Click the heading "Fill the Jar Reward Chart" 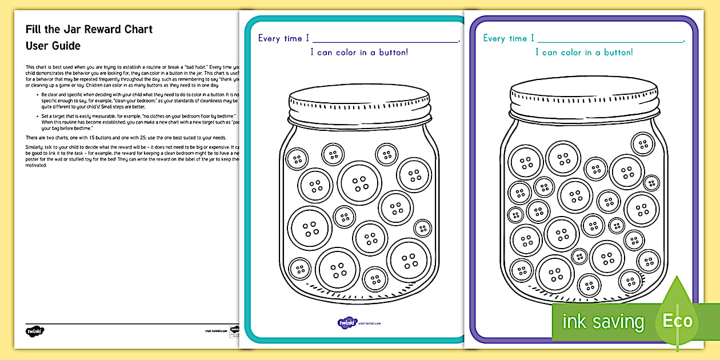pyautogui.click(x=89, y=29)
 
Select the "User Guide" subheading pyautogui.click(x=53, y=46)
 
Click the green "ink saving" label pyautogui.click(x=603, y=322)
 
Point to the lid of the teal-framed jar pyautogui.click(x=359, y=103)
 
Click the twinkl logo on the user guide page pyautogui.click(x=35, y=331)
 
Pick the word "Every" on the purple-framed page pyautogui.click(x=494, y=38)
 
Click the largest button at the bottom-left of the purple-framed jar pyautogui.click(x=554, y=274)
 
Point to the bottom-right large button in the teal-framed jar pyautogui.click(x=409, y=260)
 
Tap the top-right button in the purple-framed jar pyautogui.click(x=643, y=144)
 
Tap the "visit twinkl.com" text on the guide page pyautogui.click(x=213, y=331)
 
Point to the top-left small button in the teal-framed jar pyautogui.click(x=297, y=158)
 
